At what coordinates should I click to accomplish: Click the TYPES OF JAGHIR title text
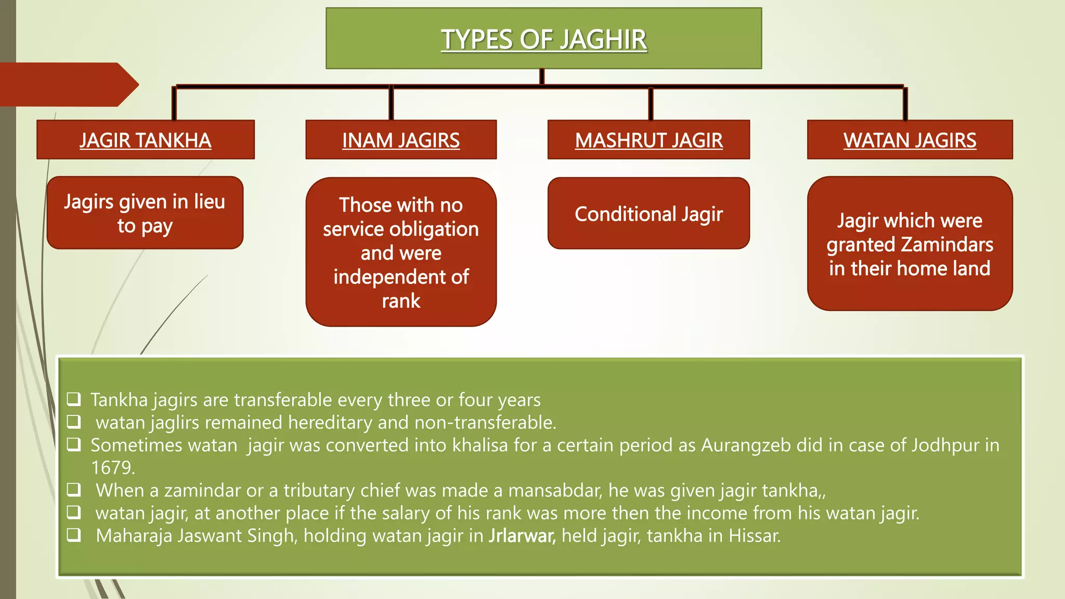click(543, 40)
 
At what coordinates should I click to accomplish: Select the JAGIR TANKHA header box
click(145, 140)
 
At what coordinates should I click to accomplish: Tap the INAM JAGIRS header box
click(401, 140)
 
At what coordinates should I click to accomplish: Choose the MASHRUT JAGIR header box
click(648, 140)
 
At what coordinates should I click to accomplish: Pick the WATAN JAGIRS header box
click(910, 140)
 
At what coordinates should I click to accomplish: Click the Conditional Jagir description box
click(648, 214)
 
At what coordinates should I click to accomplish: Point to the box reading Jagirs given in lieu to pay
click(145, 213)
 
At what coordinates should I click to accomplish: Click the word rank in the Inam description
click(401, 301)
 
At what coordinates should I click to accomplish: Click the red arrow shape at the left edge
click(68, 85)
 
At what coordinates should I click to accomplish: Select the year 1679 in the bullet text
click(112, 468)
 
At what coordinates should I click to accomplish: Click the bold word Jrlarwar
click(522, 536)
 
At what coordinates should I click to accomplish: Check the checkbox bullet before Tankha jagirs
click(74, 399)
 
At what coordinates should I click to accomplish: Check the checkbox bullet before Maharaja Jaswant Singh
click(74, 535)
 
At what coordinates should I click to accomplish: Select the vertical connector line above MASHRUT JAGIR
click(650, 104)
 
